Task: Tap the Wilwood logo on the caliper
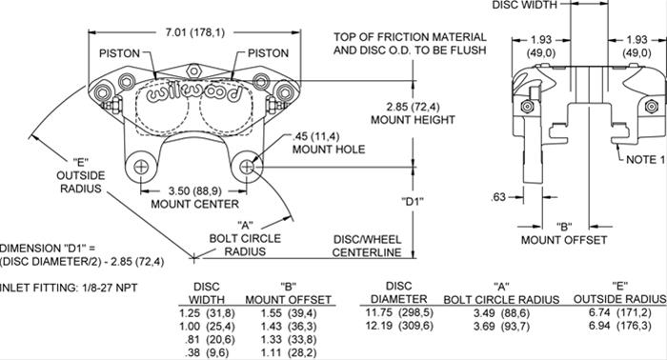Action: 187,94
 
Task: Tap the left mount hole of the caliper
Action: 141,168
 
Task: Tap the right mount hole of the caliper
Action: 249,168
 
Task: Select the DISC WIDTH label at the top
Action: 525,6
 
